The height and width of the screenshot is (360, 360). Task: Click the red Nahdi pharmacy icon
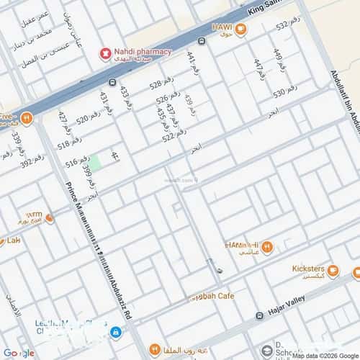(105, 53)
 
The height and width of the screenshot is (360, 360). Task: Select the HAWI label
(221, 27)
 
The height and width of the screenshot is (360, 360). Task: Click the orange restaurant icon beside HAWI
(240, 30)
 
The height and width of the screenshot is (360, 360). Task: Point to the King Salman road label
(267, 7)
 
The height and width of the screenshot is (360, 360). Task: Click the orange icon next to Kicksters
(356, 272)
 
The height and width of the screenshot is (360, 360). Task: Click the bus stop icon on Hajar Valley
(258, 315)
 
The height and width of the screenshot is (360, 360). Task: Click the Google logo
(17, 353)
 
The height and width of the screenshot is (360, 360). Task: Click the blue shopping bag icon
(116, 332)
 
